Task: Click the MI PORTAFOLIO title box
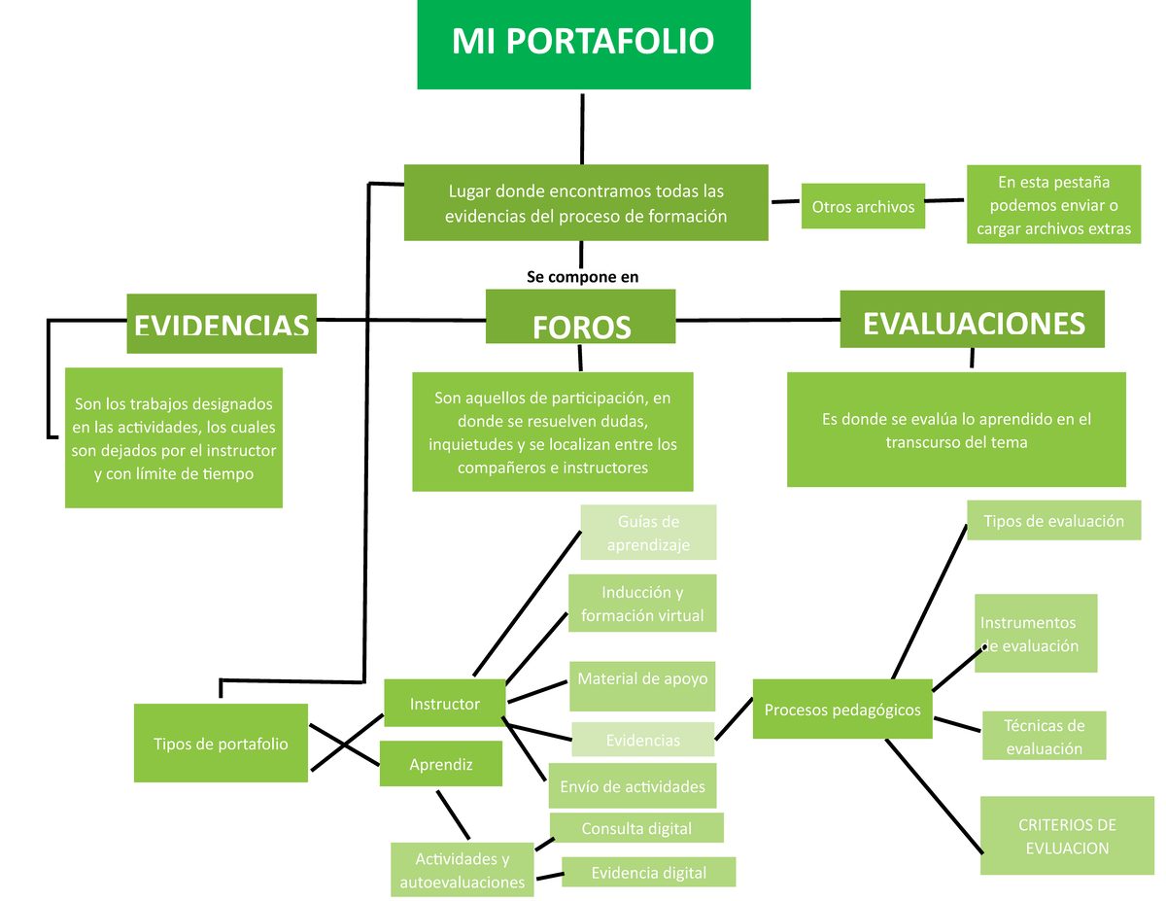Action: tap(583, 44)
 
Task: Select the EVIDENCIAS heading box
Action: tap(222, 324)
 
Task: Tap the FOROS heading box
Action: tap(581, 317)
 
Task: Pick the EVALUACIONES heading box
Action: tap(973, 319)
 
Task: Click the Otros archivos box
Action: tap(863, 206)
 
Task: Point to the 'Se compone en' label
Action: tap(582, 277)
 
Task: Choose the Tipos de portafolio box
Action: tap(221, 744)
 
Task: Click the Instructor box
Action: tap(445, 704)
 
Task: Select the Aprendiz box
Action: tap(441, 764)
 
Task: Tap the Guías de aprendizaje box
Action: tap(648, 533)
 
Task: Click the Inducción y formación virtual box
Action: tap(641, 604)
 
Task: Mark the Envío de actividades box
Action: tap(633, 786)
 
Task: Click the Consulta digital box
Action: tap(636, 828)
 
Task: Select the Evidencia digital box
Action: tap(648, 872)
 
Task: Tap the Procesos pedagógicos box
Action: tap(842, 710)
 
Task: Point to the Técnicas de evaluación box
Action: tap(1044, 737)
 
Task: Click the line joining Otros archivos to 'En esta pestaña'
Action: tap(946, 201)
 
